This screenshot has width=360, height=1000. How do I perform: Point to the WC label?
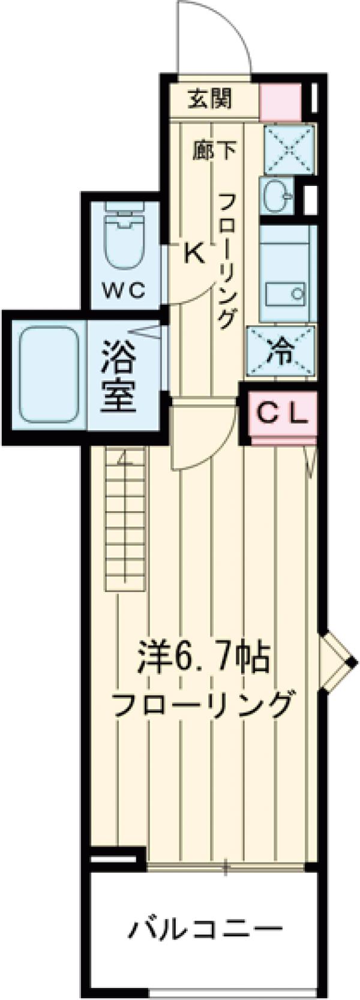click(124, 291)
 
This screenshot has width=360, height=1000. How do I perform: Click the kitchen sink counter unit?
click(287, 274)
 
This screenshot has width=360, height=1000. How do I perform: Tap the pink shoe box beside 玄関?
click(280, 103)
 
